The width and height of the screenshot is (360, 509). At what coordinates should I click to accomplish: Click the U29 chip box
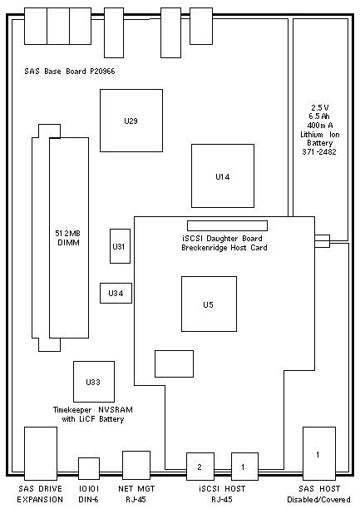click(131, 121)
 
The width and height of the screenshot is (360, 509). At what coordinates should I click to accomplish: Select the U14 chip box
click(223, 176)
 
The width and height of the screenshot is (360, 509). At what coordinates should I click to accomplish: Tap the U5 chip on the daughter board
click(209, 304)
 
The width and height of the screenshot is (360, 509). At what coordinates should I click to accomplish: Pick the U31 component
click(120, 246)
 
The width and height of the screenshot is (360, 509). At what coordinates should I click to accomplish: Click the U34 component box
click(116, 293)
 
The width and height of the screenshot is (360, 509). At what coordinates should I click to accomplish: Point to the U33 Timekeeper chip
click(94, 382)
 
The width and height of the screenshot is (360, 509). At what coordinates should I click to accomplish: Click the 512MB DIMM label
click(68, 238)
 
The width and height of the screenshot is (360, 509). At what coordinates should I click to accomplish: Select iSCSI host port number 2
click(200, 467)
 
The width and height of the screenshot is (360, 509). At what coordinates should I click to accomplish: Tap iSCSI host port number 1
click(244, 467)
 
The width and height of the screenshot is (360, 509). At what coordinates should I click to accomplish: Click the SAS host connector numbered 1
click(319, 453)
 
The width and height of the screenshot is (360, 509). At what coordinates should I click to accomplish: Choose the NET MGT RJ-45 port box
click(136, 465)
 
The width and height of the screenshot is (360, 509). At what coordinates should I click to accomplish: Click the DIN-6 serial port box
click(89, 469)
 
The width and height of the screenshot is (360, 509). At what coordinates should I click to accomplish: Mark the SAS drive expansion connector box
click(41, 453)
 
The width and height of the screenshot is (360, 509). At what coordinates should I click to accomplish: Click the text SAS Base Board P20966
click(70, 71)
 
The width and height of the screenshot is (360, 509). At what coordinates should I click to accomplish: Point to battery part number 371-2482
click(319, 151)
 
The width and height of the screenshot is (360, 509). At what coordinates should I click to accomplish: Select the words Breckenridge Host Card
click(224, 248)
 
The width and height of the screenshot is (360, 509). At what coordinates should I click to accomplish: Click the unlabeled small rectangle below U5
click(174, 363)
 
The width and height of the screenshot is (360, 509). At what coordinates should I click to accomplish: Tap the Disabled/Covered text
click(318, 499)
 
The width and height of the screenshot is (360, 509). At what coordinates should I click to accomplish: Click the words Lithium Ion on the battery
click(320, 135)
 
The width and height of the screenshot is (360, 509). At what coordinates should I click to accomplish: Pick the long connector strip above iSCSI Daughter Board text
click(227, 225)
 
